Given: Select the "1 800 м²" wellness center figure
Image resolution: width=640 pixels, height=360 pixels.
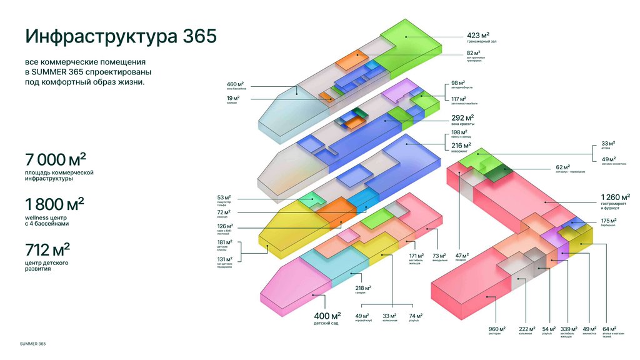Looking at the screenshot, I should (x=54, y=204).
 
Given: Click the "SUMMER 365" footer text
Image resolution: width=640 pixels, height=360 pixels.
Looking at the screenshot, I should (x=32, y=344).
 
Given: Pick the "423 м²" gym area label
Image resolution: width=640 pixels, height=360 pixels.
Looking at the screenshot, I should (x=478, y=35).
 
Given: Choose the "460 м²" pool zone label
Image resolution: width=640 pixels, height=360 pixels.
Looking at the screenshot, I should (x=235, y=84).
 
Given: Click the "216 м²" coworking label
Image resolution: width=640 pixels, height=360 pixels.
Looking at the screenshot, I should (x=461, y=146).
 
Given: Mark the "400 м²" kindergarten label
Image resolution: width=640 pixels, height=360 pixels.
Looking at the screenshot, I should (x=327, y=316).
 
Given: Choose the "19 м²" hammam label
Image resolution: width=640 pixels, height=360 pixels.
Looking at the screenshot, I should (x=232, y=98).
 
